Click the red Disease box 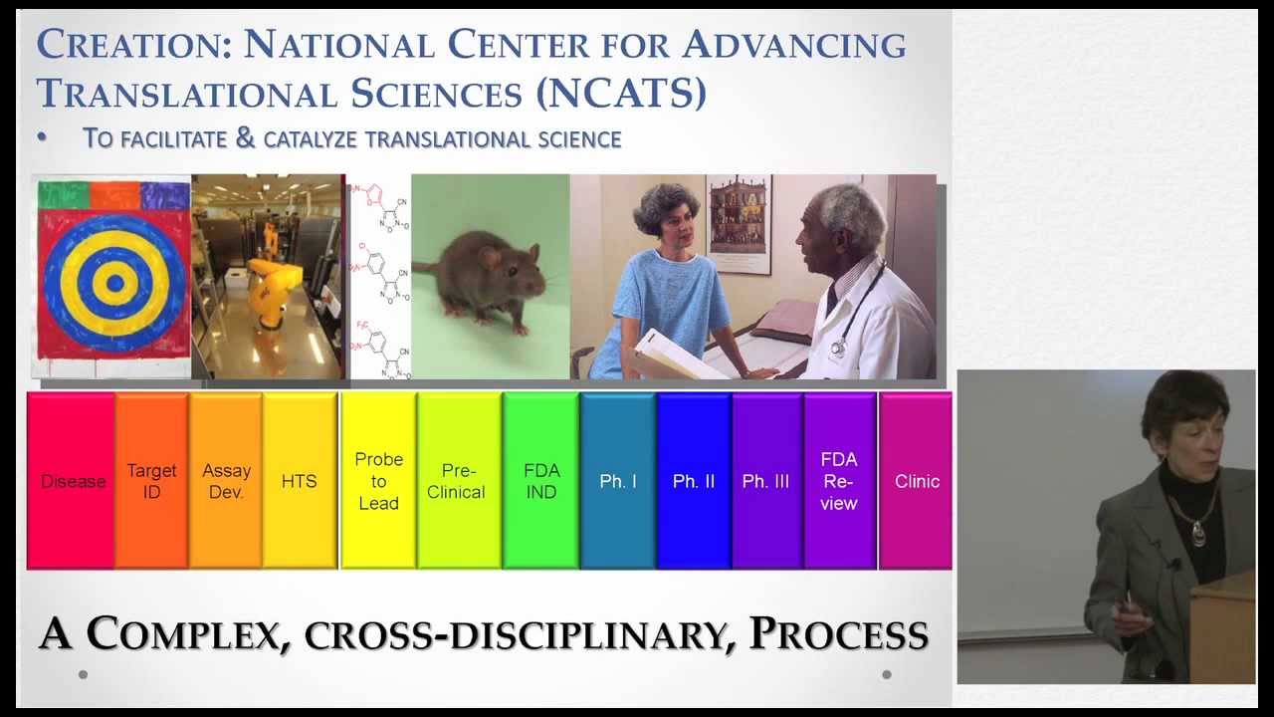pyautogui.click(x=72, y=481)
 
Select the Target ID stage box pyautogui.click(x=151, y=481)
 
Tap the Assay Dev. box pyautogui.click(x=226, y=481)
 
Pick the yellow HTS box pyautogui.click(x=299, y=481)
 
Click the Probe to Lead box pyautogui.click(x=378, y=481)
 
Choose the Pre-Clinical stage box pyautogui.click(x=457, y=481)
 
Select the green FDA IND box pyautogui.click(x=541, y=481)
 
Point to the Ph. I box pyautogui.click(x=618, y=481)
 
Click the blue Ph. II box pyautogui.click(x=694, y=481)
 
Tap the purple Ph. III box pyautogui.click(x=766, y=481)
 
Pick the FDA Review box pyautogui.click(x=839, y=481)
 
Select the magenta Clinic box pyautogui.click(x=916, y=481)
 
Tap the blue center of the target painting pyautogui.click(x=113, y=283)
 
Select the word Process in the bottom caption pyautogui.click(x=838, y=634)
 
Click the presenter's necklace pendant pyautogui.click(x=1198, y=535)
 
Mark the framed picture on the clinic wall pyautogui.click(x=739, y=224)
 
